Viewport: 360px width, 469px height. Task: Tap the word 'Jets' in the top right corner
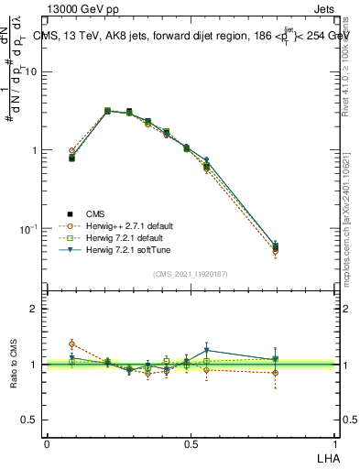click(x=323, y=10)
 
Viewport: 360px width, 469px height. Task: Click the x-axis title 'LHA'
click(x=326, y=457)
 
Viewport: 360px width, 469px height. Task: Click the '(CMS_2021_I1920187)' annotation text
click(x=190, y=274)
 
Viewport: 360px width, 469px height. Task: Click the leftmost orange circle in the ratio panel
click(x=72, y=344)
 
